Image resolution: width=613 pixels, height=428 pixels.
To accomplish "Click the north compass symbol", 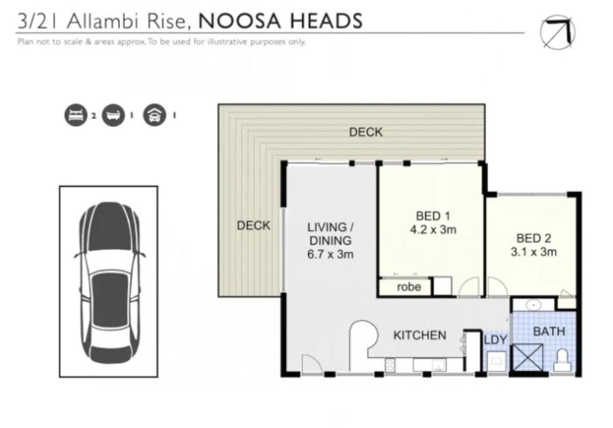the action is click(x=557, y=32).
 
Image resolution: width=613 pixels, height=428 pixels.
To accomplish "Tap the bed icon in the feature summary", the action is click(x=76, y=115).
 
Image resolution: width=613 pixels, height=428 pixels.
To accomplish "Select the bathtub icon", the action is click(x=113, y=115).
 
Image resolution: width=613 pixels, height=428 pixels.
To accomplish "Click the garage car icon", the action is click(x=154, y=115).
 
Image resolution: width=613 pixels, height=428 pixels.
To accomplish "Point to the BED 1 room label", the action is click(x=433, y=216).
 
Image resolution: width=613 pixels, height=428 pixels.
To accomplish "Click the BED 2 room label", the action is click(x=534, y=239).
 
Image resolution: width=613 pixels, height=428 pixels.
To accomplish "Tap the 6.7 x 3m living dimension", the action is click(x=331, y=254).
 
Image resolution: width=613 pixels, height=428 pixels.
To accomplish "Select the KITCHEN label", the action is click(x=420, y=335).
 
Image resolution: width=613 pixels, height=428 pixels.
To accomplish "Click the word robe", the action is click(x=409, y=287).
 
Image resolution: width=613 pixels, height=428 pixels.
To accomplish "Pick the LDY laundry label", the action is click(x=496, y=340).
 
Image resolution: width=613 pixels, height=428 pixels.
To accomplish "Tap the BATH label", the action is click(x=549, y=331).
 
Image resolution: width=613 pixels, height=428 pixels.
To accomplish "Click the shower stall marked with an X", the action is click(x=527, y=358).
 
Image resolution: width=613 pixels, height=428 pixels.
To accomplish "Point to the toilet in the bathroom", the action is click(x=562, y=360).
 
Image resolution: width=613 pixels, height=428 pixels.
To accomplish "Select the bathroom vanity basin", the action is click(x=533, y=305).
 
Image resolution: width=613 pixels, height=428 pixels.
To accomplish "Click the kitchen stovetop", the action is click(x=390, y=365).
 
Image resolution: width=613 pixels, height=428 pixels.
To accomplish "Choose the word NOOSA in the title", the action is click(x=240, y=21).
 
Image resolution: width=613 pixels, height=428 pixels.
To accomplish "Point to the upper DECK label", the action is click(x=366, y=132).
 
